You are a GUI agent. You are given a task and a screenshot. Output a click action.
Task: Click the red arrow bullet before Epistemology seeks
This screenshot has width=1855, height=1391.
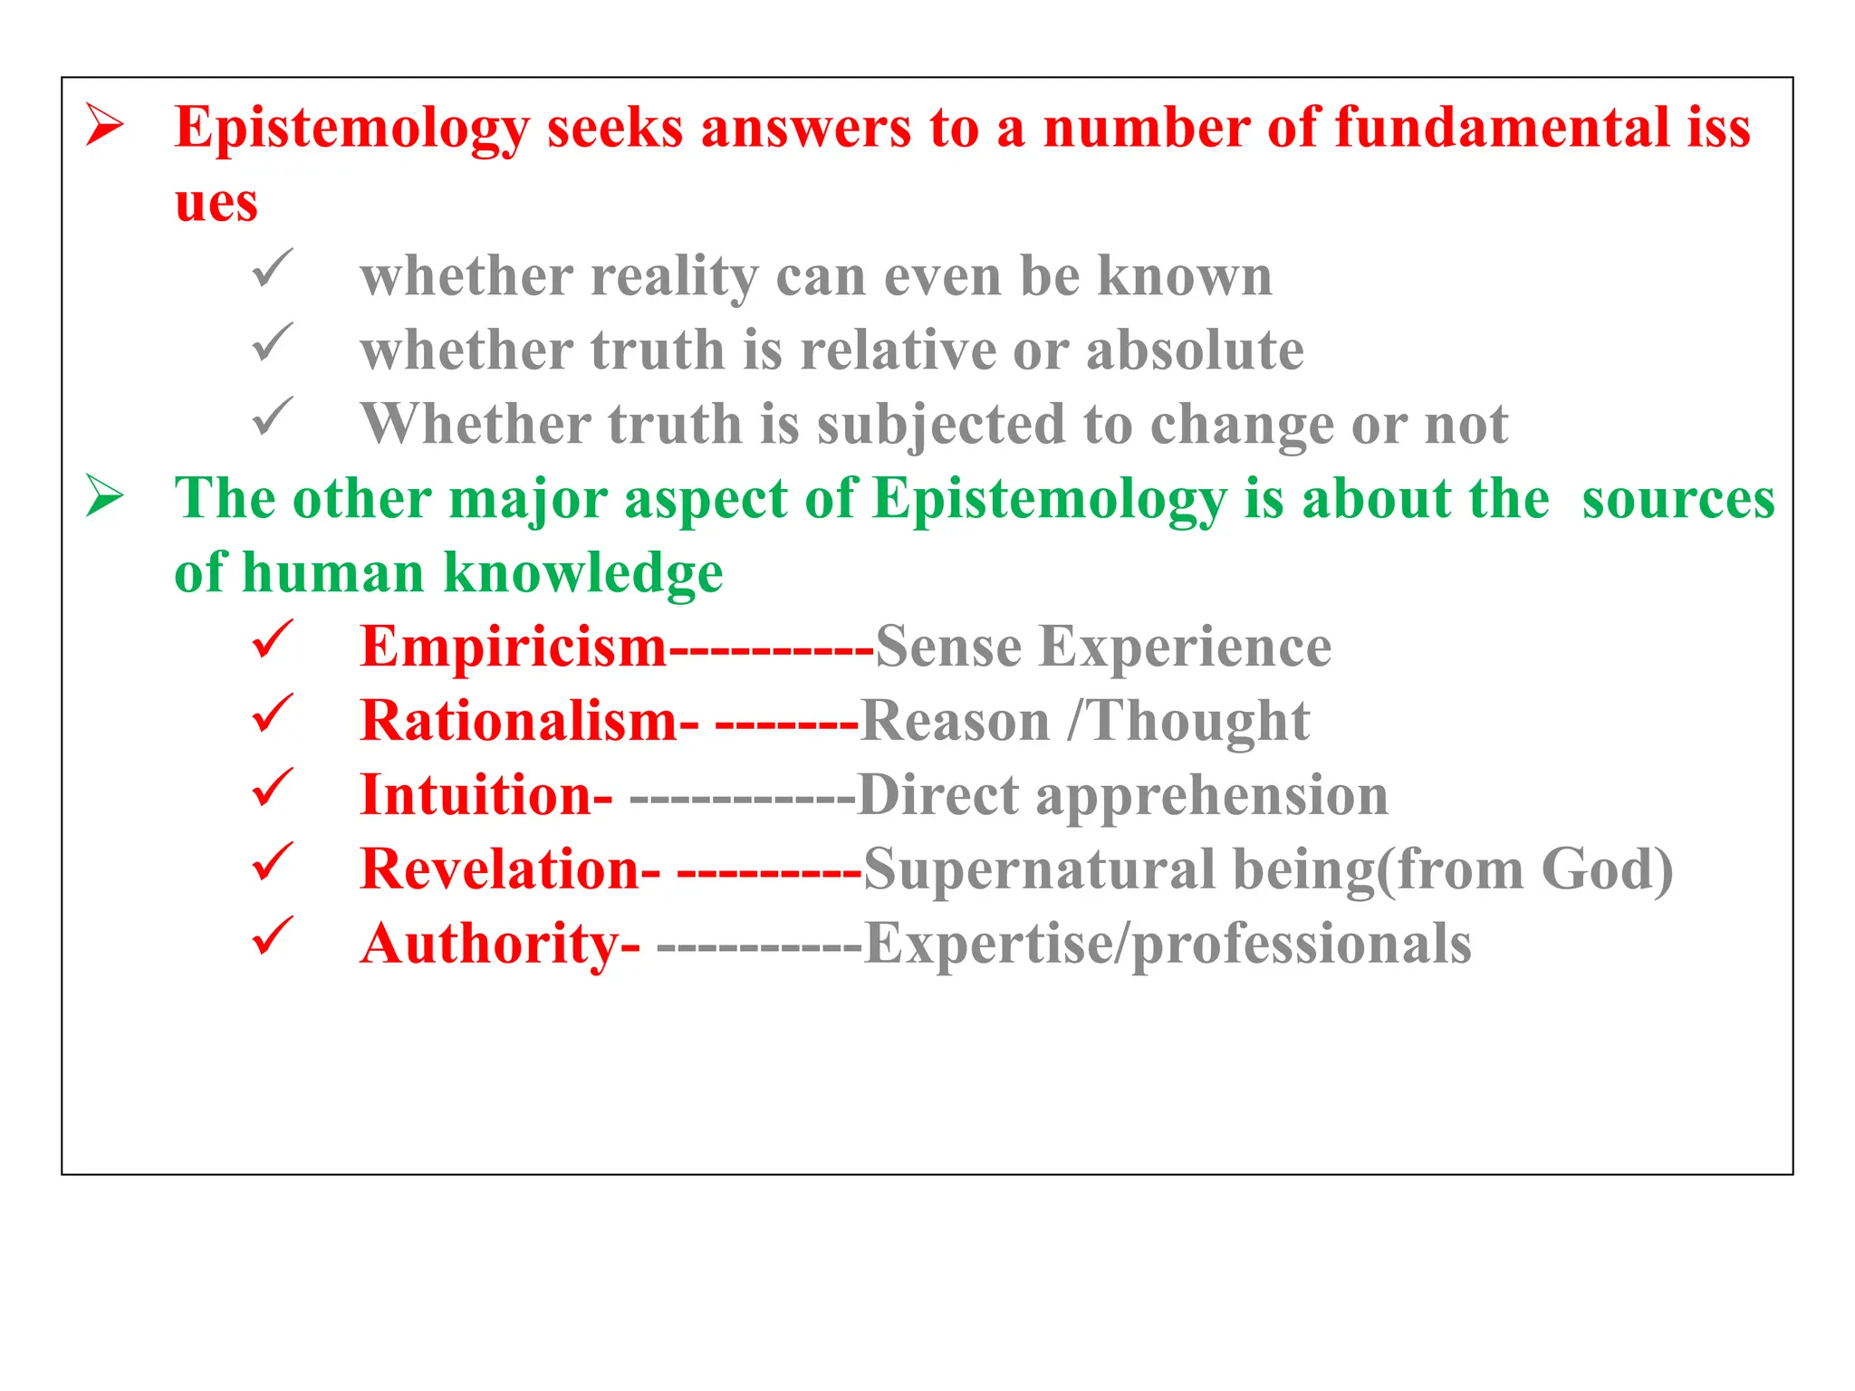105,125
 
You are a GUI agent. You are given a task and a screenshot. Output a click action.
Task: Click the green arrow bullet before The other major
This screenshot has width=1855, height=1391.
105,496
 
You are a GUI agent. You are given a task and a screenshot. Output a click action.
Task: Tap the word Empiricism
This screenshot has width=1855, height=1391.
513,648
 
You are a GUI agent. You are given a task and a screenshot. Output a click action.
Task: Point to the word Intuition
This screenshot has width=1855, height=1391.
476,796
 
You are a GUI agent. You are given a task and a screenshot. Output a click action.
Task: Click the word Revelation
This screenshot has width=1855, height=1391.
500,870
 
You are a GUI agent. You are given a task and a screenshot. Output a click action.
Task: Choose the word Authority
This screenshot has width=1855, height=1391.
490,945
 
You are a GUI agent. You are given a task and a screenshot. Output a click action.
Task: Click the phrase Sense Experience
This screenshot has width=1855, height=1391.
1102,648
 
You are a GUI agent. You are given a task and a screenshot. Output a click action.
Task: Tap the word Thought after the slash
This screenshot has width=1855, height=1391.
1197,722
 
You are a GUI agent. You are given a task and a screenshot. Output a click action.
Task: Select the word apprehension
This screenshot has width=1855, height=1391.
1211,796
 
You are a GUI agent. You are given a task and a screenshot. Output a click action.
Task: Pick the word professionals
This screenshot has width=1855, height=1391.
1302,945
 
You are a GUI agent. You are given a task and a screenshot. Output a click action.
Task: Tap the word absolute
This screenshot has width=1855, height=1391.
1195,350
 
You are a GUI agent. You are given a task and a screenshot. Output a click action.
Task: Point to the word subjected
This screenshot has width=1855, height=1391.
941,425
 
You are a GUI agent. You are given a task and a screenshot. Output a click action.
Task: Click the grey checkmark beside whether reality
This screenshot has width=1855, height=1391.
272,269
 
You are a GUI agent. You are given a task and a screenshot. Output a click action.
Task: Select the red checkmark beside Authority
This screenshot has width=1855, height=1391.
272,936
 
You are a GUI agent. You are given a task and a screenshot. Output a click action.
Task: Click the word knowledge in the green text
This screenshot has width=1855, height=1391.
582,573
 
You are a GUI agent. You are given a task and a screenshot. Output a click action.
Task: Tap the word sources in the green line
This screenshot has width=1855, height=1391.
1677,499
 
